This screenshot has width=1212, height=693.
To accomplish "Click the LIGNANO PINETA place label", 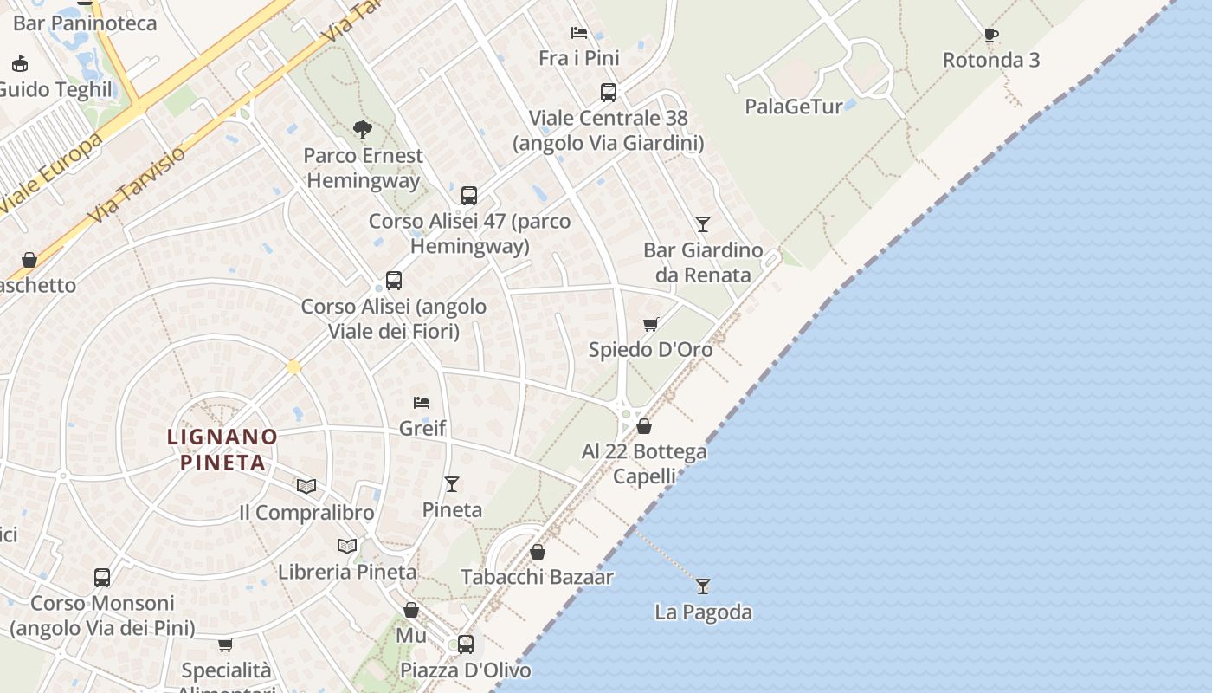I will pos(222,449).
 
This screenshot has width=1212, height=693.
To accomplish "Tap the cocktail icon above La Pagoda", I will pos(703,586).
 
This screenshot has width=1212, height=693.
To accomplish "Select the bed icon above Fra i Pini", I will pos(579,33).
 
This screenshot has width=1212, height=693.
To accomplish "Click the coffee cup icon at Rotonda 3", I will pos(991,36).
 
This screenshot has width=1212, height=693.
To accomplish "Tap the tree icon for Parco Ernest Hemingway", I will pos(363,130).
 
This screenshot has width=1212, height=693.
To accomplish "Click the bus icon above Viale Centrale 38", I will pos(609,92).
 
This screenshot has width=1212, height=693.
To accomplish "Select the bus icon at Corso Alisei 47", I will pos(469,195).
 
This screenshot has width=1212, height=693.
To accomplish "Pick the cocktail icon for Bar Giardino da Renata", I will pos(703,224).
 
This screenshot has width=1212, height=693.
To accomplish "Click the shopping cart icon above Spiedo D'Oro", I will pos(651,324).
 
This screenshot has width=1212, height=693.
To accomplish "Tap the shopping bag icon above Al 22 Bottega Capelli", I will pos(644,426).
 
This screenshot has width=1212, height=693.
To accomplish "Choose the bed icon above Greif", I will pos(422,402).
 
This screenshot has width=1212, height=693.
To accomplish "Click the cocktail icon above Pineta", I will pos(452,483).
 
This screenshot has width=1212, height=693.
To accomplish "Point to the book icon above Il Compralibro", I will pos(306,486).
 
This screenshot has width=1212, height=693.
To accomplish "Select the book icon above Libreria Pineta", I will pos(347,546).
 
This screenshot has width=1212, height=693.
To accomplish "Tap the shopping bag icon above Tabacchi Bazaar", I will pos(538,552).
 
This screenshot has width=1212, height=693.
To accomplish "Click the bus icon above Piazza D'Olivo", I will pos(466,644).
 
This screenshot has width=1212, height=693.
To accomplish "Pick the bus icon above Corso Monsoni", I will pos(102,577).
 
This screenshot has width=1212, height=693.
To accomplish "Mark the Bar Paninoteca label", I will pos(85,23).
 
